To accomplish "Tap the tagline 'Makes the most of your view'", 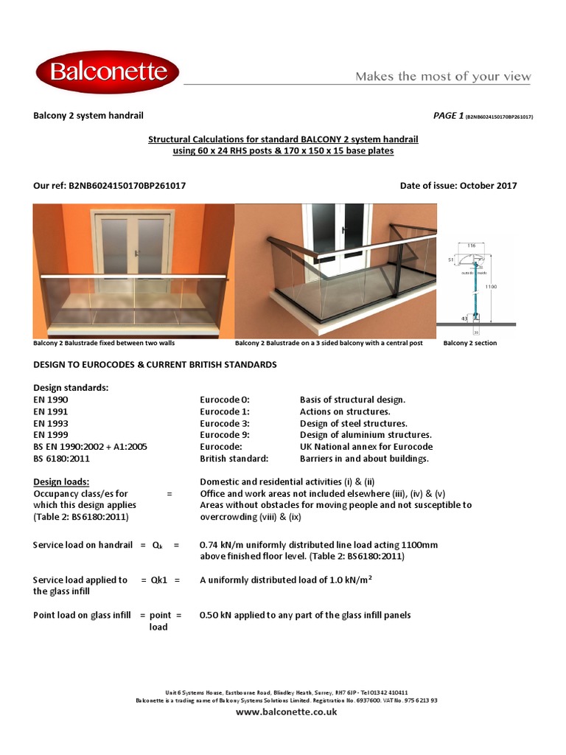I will (x=443, y=77).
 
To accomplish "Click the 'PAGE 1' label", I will (x=449, y=116).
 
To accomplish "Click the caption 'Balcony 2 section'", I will (x=469, y=344).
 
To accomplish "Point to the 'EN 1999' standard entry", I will (x=51, y=435).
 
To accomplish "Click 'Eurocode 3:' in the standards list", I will (x=225, y=423).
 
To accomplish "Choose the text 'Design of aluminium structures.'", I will (x=366, y=435).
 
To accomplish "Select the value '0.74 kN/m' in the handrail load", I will (x=222, y=545).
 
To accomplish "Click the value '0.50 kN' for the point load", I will (x=217, y=615).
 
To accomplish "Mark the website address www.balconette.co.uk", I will (x=286, y=712).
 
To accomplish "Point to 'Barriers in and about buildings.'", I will (x=364, y=459).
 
